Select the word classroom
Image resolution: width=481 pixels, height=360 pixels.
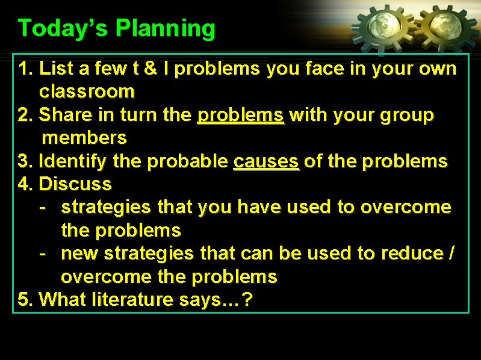tap(87, 92)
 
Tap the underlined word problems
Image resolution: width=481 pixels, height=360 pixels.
tap(241, 115)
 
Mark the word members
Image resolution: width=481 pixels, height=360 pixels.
tap(84, 138)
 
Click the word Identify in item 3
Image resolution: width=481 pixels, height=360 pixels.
tap(72, 161)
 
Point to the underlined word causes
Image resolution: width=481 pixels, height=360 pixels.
tap(265, 161)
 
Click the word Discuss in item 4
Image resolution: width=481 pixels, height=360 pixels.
tap(75, 184)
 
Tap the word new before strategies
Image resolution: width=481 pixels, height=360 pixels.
tap(80, 253)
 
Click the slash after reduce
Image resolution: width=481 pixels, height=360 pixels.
tap(452, 253)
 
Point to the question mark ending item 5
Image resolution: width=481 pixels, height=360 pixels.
tap(247, 299)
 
